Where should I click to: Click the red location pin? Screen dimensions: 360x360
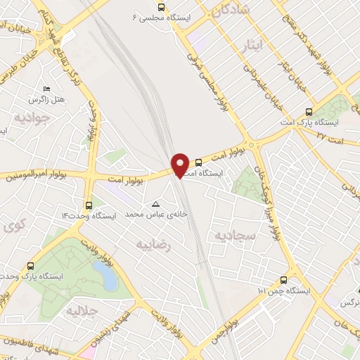(181, 164)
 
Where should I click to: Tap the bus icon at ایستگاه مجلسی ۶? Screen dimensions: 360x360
(162, 7)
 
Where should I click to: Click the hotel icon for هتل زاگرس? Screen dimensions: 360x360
(47, 89)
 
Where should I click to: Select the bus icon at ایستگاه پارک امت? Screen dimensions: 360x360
(309, 112)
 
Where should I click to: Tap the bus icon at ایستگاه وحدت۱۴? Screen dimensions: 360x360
(88, 205)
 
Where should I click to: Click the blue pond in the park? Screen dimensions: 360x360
(106, 276)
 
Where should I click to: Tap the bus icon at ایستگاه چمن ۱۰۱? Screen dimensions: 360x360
(283, 280)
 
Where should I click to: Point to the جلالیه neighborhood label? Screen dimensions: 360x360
(82, 310)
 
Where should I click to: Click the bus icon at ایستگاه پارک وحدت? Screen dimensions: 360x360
(30, 266)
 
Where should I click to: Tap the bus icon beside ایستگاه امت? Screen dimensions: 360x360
(198, 162)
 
